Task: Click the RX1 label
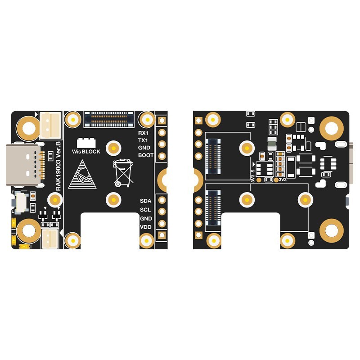pos(143,133)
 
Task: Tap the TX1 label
pos(143,140)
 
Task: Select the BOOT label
pos(145,155)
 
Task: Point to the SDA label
pos(145,201)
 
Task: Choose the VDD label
pos(145,227)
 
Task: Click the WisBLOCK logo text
pos(86,152)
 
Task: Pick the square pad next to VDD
pos(162,233)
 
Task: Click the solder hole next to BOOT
pos(162,156)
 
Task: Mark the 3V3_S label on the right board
pos(253,174)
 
